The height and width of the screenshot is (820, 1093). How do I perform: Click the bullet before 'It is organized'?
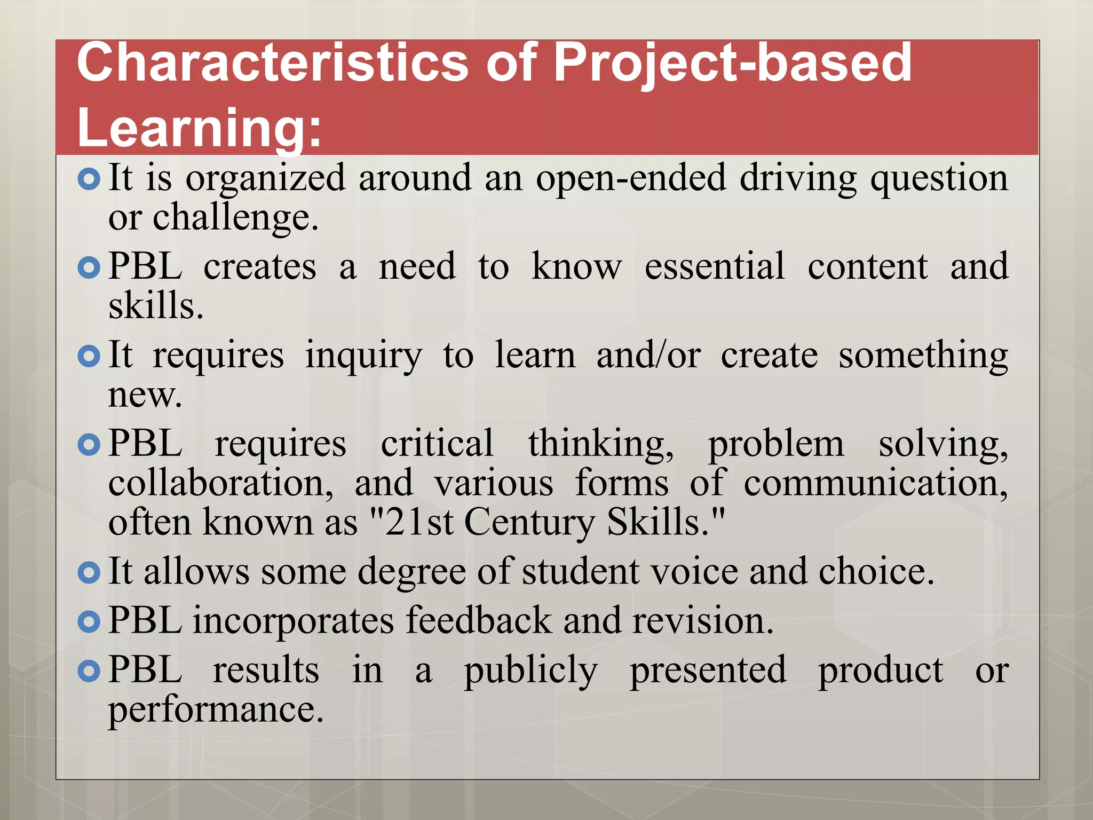(89, 179)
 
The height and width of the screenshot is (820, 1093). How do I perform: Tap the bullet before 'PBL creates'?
(89, 268)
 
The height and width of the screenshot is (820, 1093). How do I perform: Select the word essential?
(715, 266)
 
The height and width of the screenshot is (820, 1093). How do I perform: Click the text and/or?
(648, 355)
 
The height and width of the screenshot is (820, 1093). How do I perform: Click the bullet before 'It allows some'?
(89, 573)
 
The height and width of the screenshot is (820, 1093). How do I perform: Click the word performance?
(216, 711)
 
